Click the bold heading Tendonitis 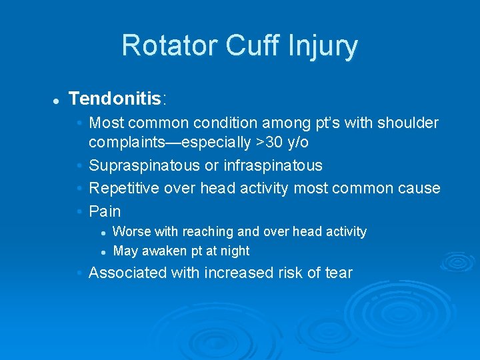click(x=115, y=99)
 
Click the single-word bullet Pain click(x=105, y=211)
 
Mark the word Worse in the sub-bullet click(x=132, y=231)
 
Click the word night click(x=234, y=251)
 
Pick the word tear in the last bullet click(x=339, y=273)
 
